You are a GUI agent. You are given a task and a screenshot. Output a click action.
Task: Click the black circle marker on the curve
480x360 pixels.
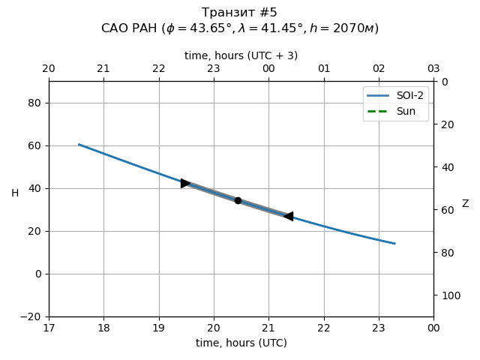click(238, 200)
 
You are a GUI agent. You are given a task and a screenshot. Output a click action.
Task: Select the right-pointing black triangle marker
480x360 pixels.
click(185, 183)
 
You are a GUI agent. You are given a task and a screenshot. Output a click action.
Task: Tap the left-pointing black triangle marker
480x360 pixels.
click(289, 216)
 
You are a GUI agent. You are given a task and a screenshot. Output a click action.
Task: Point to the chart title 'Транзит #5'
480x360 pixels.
click(240, 13)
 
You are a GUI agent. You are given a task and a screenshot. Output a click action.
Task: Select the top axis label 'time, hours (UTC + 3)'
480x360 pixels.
click(241, 55)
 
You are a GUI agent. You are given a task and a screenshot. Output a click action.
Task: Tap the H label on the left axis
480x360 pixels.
click(15, 193)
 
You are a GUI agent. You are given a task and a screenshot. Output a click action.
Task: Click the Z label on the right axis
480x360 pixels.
click(465, 204)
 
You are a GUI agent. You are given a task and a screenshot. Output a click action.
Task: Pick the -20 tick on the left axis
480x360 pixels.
click(32, 316)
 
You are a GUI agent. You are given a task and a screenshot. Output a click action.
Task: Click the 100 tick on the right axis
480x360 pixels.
click(447, 295)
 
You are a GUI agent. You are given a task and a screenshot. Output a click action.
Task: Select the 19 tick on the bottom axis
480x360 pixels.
click(159, 328)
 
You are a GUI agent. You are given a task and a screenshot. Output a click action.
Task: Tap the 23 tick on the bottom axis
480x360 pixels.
click(379, 328)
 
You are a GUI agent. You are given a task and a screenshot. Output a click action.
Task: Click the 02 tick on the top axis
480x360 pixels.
click(379, 69)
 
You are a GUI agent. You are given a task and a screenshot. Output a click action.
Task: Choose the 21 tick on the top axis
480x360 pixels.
click(103, 69)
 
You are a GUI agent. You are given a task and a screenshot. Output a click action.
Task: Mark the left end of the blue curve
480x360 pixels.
click(79, 144)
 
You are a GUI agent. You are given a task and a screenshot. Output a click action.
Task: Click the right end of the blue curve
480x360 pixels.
click(394, 243)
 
